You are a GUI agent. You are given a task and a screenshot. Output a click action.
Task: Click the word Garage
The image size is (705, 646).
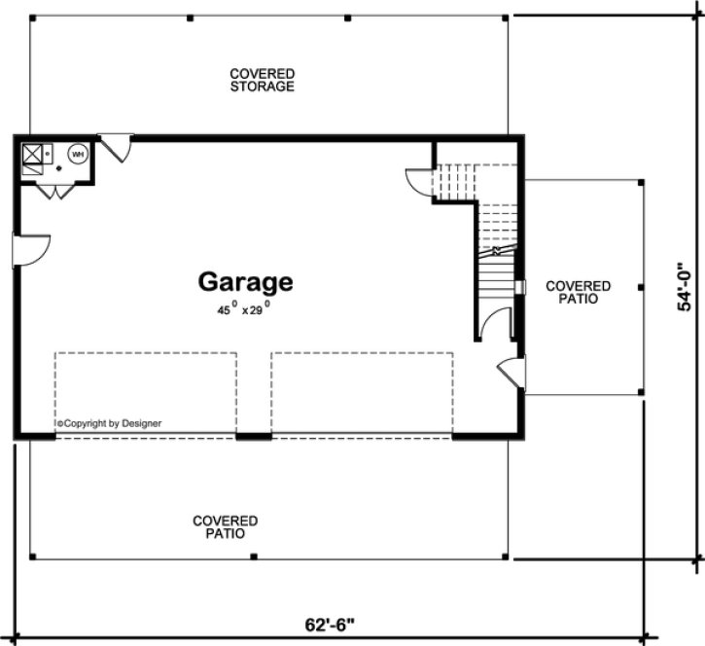pos(245,282)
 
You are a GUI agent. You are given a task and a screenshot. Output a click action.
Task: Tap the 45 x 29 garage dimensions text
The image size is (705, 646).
pos(243,310)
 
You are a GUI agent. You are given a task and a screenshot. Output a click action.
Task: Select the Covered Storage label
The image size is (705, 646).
pos(262,80)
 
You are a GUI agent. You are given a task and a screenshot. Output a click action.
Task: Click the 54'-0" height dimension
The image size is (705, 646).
pos(686,289)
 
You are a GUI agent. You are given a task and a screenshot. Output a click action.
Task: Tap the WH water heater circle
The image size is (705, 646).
pos(77,153)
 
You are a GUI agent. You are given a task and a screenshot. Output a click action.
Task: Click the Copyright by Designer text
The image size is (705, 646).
pos(109,423)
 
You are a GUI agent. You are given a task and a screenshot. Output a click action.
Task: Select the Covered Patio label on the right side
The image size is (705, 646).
pos(578,292)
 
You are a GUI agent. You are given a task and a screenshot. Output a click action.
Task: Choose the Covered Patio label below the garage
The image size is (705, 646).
pos(225,527)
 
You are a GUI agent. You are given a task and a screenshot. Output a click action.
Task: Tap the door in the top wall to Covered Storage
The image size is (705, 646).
pos(117,148)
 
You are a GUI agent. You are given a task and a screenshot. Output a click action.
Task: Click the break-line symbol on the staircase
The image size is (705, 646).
pos(497,251)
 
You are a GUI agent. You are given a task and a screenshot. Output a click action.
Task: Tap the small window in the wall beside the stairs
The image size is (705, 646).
pos(523,288)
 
